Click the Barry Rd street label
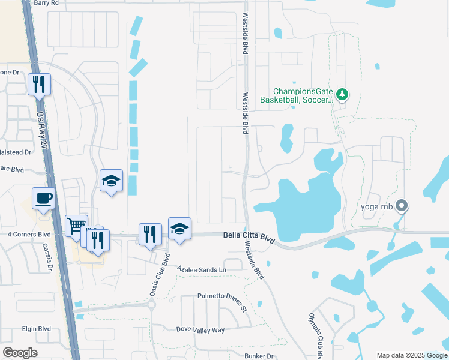click(x=47, y=3)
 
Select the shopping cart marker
click(x=76, y=226)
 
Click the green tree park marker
click(x=342, y=94)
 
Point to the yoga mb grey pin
click(x=402, y=207)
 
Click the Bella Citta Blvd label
click(x=249, y=238)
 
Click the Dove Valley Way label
click(x=200, y=330)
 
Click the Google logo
click(x=20, y=353)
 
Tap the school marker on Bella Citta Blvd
click(x=179, y=228)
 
